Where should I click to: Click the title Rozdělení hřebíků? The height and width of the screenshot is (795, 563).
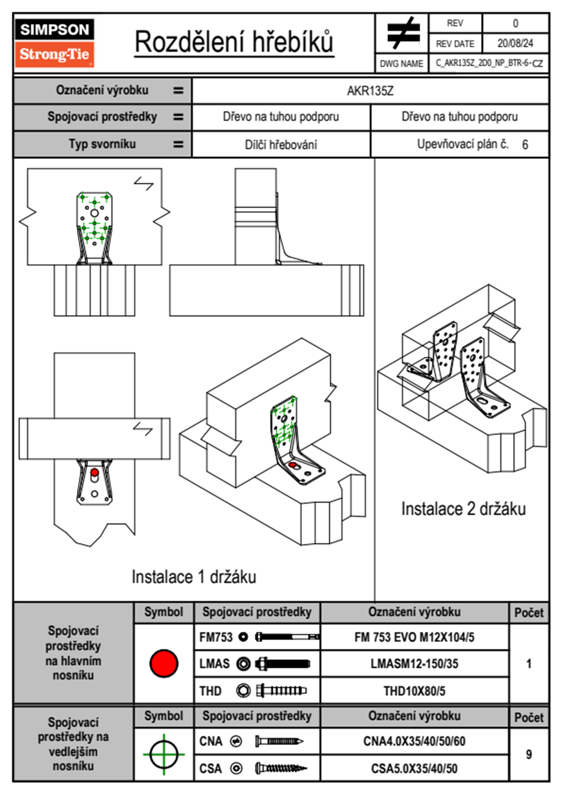(x=234, y=42)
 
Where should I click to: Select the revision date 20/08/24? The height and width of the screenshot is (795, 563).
(x=515, y=43)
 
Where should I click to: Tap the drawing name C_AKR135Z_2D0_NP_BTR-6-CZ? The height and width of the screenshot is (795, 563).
(x=489, y=63)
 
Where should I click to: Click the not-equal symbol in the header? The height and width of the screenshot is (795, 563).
(x=403, y=33)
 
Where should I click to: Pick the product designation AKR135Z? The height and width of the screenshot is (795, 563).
(x=370, y=91)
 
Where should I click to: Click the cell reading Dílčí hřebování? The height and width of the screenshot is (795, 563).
(x=281, y=145)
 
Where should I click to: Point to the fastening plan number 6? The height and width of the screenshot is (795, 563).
(x=525, y=145)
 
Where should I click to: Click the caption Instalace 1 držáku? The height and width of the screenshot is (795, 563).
(x=194, y=577)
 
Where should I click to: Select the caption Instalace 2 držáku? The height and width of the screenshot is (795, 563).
(x=463, y=509)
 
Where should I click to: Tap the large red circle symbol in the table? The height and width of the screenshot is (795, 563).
(x=164, y=663)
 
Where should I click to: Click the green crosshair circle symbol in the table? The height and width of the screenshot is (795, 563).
(x=164, y=754)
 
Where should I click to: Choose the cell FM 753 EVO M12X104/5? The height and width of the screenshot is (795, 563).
(x=414, y=637)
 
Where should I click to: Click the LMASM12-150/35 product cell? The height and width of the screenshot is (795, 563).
(x=414, y=664)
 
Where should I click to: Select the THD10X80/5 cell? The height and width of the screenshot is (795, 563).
(x=414, y=691)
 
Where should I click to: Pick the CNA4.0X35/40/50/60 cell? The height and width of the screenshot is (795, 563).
(x=414, y=741)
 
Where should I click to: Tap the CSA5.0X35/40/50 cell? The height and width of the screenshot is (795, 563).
(x=414, y=769)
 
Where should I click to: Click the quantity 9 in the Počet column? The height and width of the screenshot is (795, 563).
(x=528, y=754)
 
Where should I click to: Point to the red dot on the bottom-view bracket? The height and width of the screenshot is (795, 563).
(x=95, y=472)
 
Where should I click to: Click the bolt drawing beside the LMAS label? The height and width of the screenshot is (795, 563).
(x=282, y=664)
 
